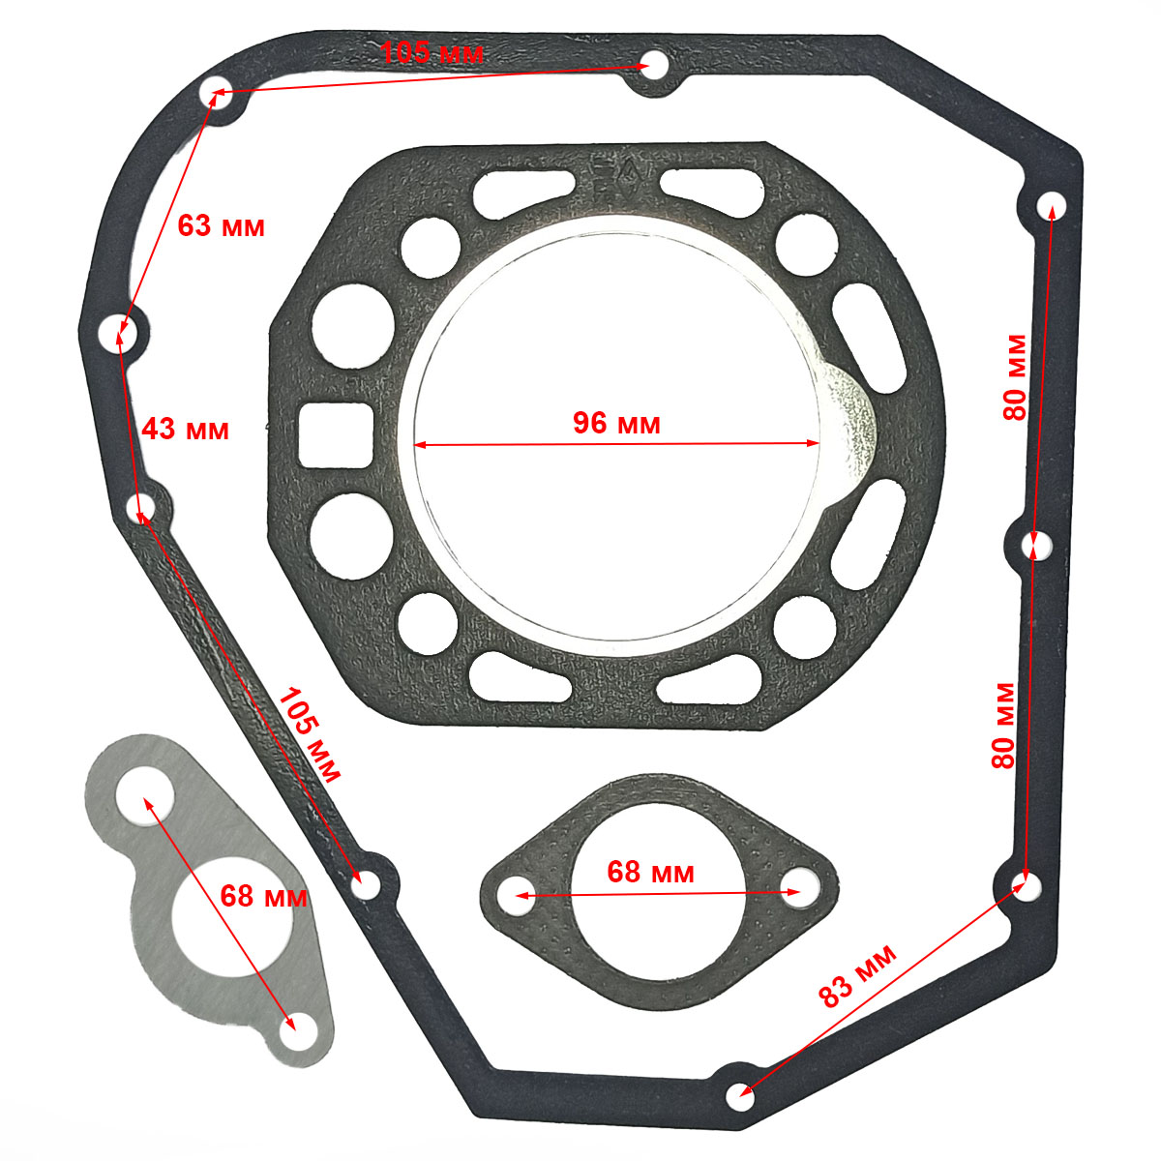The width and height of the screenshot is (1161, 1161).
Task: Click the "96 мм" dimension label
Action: point(615,423)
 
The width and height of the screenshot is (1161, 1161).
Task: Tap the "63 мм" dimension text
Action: point(221,226)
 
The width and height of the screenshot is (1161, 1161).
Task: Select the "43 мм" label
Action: point(185,429)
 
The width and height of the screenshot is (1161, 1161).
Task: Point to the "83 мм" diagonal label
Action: point(857,976)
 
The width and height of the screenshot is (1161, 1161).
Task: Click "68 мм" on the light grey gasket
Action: point(263,896)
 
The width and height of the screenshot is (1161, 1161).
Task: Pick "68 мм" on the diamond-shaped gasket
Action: point(650,872)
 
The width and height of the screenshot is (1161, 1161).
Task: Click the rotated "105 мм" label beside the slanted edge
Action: point(309,733)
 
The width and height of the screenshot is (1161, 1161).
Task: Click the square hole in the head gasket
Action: point(336,435)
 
